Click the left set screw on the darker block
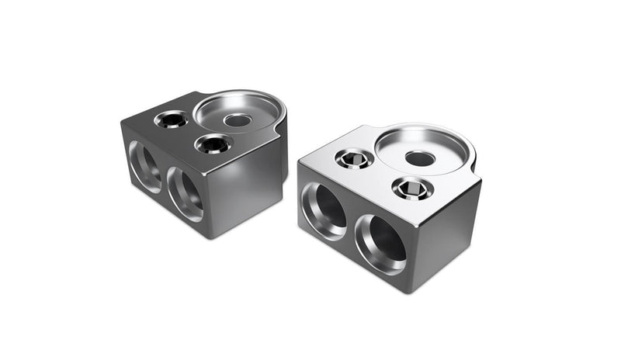tap(171, 120)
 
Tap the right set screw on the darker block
tap(212, 144)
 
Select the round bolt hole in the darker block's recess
tap(238, 120)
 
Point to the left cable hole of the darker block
tap(145, 166)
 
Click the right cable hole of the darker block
tap(186, 194)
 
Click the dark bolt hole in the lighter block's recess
tap(420, 159)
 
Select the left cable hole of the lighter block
tap(324, 209)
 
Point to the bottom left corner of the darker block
tap(124, 180)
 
